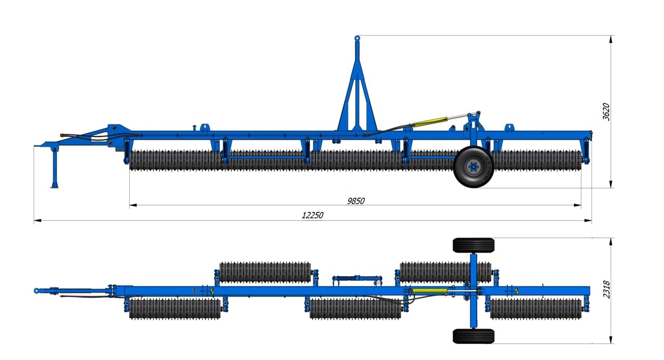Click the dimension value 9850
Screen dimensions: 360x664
tap(355, 201)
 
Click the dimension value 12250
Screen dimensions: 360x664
tap(312, 215)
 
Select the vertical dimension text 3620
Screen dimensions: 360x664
tap(607, 112)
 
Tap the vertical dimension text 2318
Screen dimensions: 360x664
tap(607, 289)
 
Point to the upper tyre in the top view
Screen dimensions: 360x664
tap(473, 245)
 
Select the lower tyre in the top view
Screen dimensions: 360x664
tap(473, 336)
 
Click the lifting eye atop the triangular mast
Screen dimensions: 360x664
tap(357, 38)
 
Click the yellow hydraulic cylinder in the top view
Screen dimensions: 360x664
tap(428, 291)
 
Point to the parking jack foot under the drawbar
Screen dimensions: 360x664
tap(54, 185)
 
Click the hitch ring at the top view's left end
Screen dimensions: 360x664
tap(36, 290)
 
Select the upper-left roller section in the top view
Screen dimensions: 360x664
tap(264, 273)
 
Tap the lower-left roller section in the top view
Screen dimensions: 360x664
tap(175, 309)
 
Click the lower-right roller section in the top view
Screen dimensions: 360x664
tap(535, 309)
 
